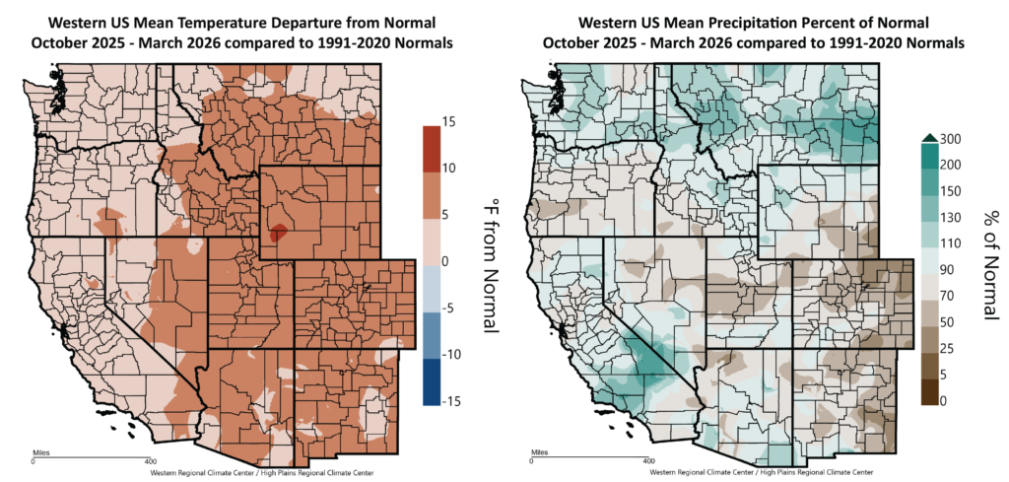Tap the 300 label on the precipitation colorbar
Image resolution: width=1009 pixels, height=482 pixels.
(x=952, y=138)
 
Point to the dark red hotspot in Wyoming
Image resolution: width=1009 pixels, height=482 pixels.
(x=278, y=233)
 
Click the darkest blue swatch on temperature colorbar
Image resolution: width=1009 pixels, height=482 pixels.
(x=431, y=383)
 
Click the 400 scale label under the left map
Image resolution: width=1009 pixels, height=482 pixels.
(x=150, y=460)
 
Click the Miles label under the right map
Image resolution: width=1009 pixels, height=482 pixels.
(x=537, y=452)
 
